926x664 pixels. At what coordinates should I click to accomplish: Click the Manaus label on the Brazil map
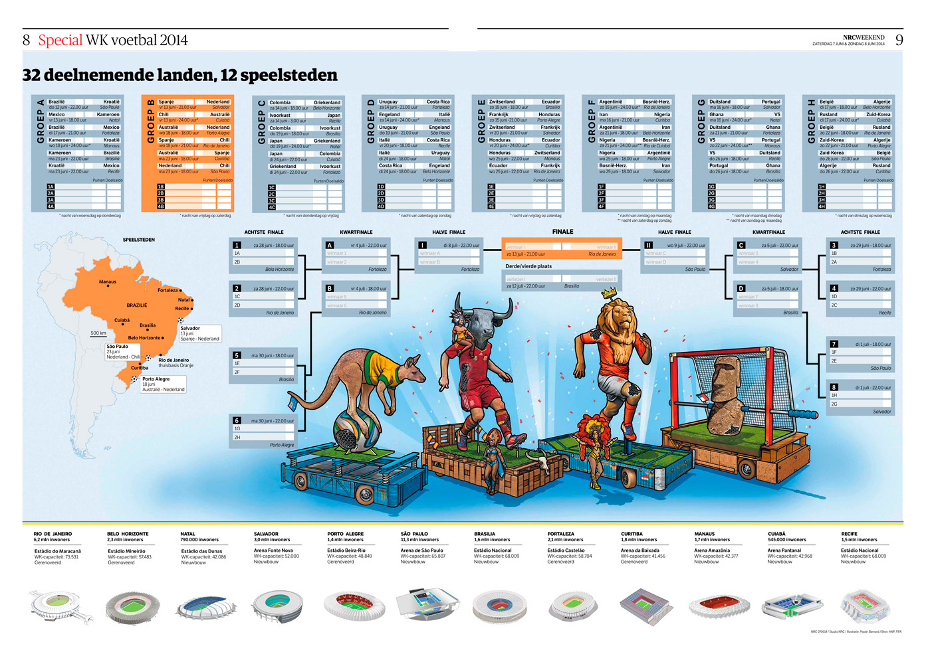[108, 282]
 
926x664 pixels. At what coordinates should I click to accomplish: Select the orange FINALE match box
[562, 248]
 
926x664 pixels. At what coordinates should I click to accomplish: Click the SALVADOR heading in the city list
[266, 534]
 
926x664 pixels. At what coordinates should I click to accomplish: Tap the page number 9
[899, 40]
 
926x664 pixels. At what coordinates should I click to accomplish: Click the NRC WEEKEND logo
[864, 37]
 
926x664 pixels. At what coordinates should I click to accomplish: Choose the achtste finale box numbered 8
[860, 398]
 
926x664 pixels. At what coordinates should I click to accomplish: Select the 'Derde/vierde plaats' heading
[528, 266]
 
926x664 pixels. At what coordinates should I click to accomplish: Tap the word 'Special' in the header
[60, 40]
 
